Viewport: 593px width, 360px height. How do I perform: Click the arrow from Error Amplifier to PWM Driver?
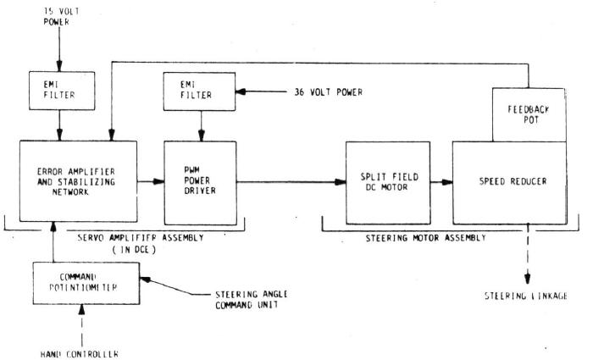[x=151, y=180]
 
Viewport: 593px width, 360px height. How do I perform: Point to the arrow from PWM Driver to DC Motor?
[x=288, y=180]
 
